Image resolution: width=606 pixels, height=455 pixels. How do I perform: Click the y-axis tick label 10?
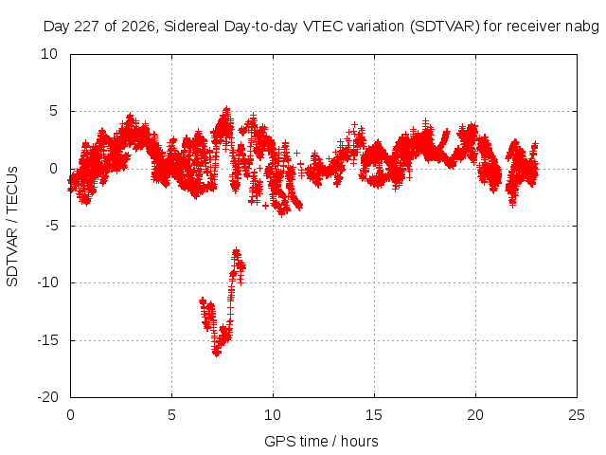tap(49, 54)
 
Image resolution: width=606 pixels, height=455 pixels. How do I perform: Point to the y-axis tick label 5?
tap(53, 112)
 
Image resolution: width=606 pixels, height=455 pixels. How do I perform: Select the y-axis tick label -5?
tap(51, 226)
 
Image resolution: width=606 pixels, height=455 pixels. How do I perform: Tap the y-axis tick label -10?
tap(47, 282)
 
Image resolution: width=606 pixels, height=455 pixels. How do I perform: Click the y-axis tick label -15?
tap(47, 340)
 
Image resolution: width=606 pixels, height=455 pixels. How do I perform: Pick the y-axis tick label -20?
tap(47, 397)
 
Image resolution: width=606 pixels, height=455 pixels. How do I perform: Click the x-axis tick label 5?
tap(171, 415)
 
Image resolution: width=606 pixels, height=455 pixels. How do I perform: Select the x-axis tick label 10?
tap(273, 415)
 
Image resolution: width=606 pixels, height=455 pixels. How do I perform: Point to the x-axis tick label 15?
tap(374, 415)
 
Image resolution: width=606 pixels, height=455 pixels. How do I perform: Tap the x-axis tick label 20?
tap(475, 415)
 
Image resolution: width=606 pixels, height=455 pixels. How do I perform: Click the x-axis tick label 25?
tap(577, 415)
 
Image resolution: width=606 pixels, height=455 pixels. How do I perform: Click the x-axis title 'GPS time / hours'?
tap(321, 442)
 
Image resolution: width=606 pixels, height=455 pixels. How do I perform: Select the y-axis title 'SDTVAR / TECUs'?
tap(12, 227)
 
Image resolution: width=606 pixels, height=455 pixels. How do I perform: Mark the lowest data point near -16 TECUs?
tap(217, 353)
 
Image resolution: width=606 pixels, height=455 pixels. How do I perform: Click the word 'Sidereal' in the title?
tap(191, 27)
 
